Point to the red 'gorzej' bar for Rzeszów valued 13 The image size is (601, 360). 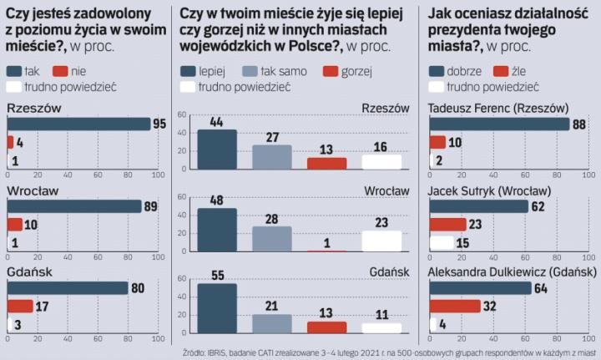coord(326,163)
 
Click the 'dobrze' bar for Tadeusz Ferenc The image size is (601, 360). coord(498,124)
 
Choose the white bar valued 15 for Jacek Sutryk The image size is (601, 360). coord(442,242)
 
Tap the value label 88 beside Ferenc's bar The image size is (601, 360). coord(580,124)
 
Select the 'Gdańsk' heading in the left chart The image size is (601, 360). coord(30,271)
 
